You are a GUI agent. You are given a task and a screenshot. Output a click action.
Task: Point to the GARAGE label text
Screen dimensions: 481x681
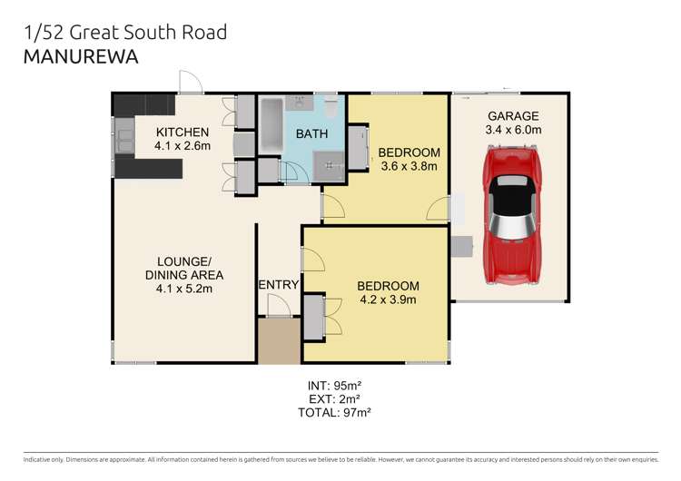coord(513,115)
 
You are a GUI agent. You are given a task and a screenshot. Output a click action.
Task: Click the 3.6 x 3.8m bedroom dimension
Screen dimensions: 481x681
coord(408,166)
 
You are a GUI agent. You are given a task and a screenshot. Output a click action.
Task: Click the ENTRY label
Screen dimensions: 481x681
coord(278,285)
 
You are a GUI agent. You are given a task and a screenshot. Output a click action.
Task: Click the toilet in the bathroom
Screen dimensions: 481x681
coord(331,109)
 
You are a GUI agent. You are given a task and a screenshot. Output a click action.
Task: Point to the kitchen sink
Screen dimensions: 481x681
coord(123,140)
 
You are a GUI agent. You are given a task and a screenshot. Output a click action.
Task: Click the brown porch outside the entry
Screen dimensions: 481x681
coord(278,340)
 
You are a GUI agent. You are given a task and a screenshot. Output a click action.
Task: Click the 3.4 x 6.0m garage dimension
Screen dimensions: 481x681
coord(513,130)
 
